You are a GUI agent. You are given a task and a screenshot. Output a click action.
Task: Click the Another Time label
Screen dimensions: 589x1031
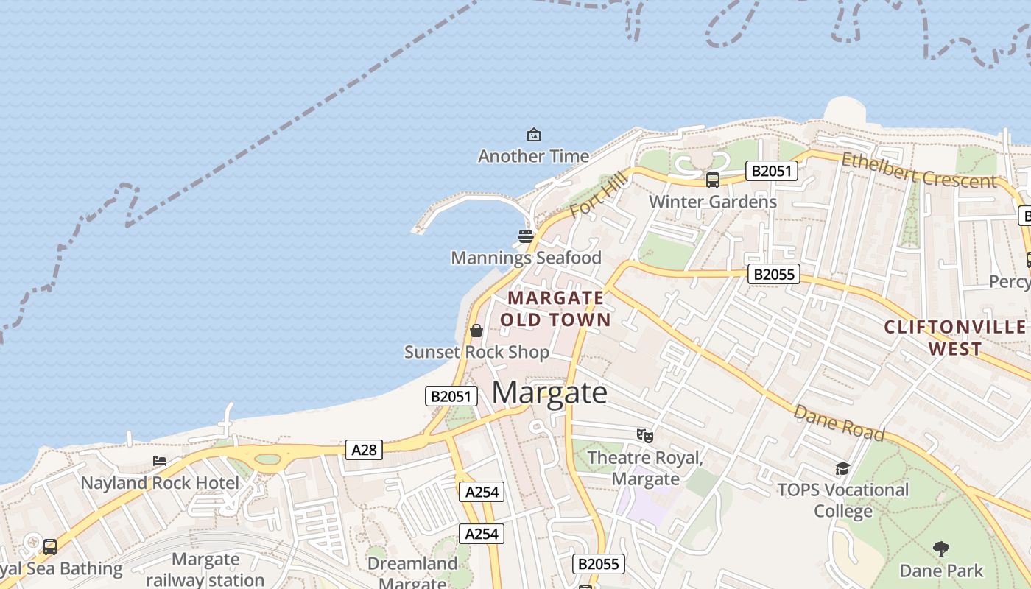(533, 156)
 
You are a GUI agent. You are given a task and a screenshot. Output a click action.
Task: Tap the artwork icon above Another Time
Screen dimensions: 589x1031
(533, 135)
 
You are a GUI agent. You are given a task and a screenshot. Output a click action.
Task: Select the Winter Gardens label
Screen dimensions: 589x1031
(712, 202)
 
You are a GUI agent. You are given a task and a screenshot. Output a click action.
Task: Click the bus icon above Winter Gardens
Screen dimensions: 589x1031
(712, 180)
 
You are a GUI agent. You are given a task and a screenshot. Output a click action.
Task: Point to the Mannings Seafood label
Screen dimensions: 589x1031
(526, 258)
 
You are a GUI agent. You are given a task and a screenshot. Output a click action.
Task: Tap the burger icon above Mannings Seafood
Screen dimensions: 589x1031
(526, 236)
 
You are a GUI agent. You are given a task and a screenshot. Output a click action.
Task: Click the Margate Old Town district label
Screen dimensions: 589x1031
(556, 308)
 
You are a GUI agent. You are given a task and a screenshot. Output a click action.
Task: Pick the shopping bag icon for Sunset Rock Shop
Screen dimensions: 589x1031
(476, 331)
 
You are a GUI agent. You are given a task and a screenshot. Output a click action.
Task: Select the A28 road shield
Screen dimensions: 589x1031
(364, 449)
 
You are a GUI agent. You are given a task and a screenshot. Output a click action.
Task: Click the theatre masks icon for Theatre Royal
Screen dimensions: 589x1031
(645, 436)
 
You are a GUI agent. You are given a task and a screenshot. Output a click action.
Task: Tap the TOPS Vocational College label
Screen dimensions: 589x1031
(843, 500)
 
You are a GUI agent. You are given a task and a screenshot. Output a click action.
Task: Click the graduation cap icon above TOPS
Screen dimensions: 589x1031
(842, 468)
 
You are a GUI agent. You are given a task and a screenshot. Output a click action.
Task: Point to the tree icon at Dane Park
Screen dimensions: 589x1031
(940, 549)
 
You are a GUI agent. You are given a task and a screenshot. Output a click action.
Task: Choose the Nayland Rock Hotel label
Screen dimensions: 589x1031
(160, 483)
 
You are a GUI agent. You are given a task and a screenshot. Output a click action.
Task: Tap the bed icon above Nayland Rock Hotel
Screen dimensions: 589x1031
(159, 462)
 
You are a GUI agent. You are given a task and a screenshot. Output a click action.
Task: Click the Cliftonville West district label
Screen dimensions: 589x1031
(955, 337)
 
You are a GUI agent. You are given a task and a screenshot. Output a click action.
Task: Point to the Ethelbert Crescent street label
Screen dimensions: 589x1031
(918, 171)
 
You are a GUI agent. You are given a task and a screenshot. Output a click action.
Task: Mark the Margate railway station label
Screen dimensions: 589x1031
(205, 569)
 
